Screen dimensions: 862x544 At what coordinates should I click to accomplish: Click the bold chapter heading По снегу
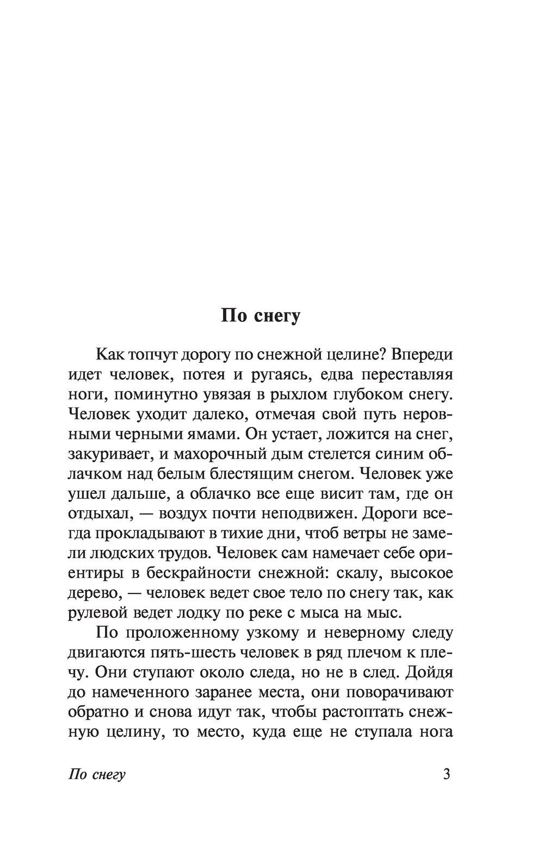pyautogui.click(x=261, y=316)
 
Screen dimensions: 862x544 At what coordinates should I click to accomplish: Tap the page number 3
pyautogui.click(x=447, y=774)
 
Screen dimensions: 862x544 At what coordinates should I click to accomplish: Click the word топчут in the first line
pyautogui.click(x=152, y=355)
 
